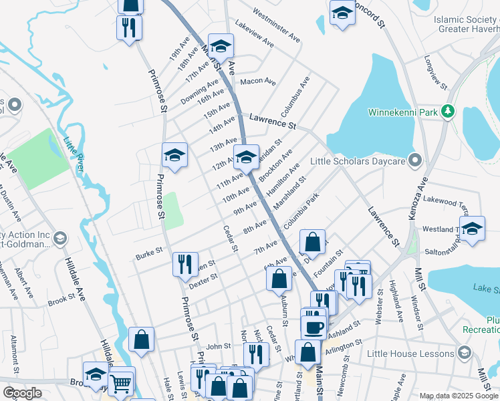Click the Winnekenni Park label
click(403, 112)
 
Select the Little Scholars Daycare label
click(358, 161)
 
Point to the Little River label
click(72, 154)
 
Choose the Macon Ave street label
click(258, 82)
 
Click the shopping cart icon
click(121, 382)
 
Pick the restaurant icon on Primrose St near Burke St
click(185, 263)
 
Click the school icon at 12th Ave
click(246, 158)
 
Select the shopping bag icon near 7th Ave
click(312, 241)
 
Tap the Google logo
click(22, 393)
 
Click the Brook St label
click(61, 302)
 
